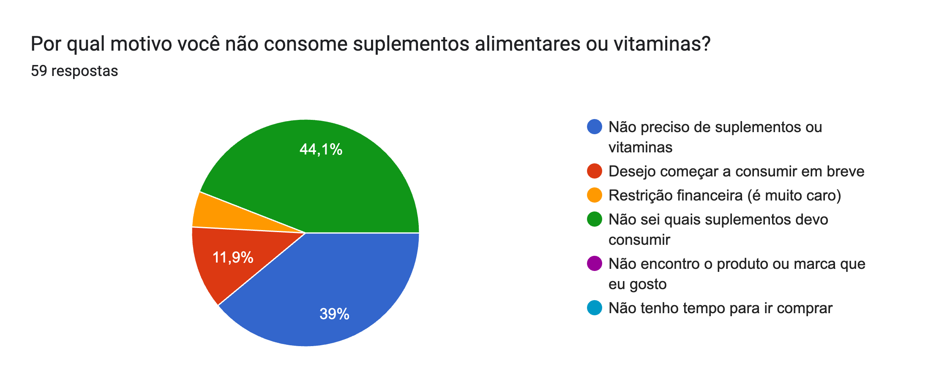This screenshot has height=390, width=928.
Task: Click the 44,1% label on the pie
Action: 321,149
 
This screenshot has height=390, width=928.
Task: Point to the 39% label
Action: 334,314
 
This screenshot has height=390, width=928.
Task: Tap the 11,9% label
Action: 232,257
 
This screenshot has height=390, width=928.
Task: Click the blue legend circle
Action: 595,127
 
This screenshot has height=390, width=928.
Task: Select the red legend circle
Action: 595,171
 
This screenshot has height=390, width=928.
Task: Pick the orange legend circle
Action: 595,195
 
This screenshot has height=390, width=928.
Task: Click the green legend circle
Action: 595,219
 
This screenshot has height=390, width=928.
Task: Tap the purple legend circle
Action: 595,264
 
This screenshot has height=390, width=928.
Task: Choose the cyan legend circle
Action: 595,308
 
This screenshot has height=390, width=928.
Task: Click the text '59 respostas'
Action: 74,71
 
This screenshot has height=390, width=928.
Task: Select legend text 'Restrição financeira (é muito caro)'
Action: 725,195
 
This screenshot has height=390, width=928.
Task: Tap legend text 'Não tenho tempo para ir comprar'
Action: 720,308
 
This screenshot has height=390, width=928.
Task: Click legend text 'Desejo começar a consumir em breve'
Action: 736,171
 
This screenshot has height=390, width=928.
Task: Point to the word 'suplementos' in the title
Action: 411,44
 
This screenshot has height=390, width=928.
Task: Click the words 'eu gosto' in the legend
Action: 637,284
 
